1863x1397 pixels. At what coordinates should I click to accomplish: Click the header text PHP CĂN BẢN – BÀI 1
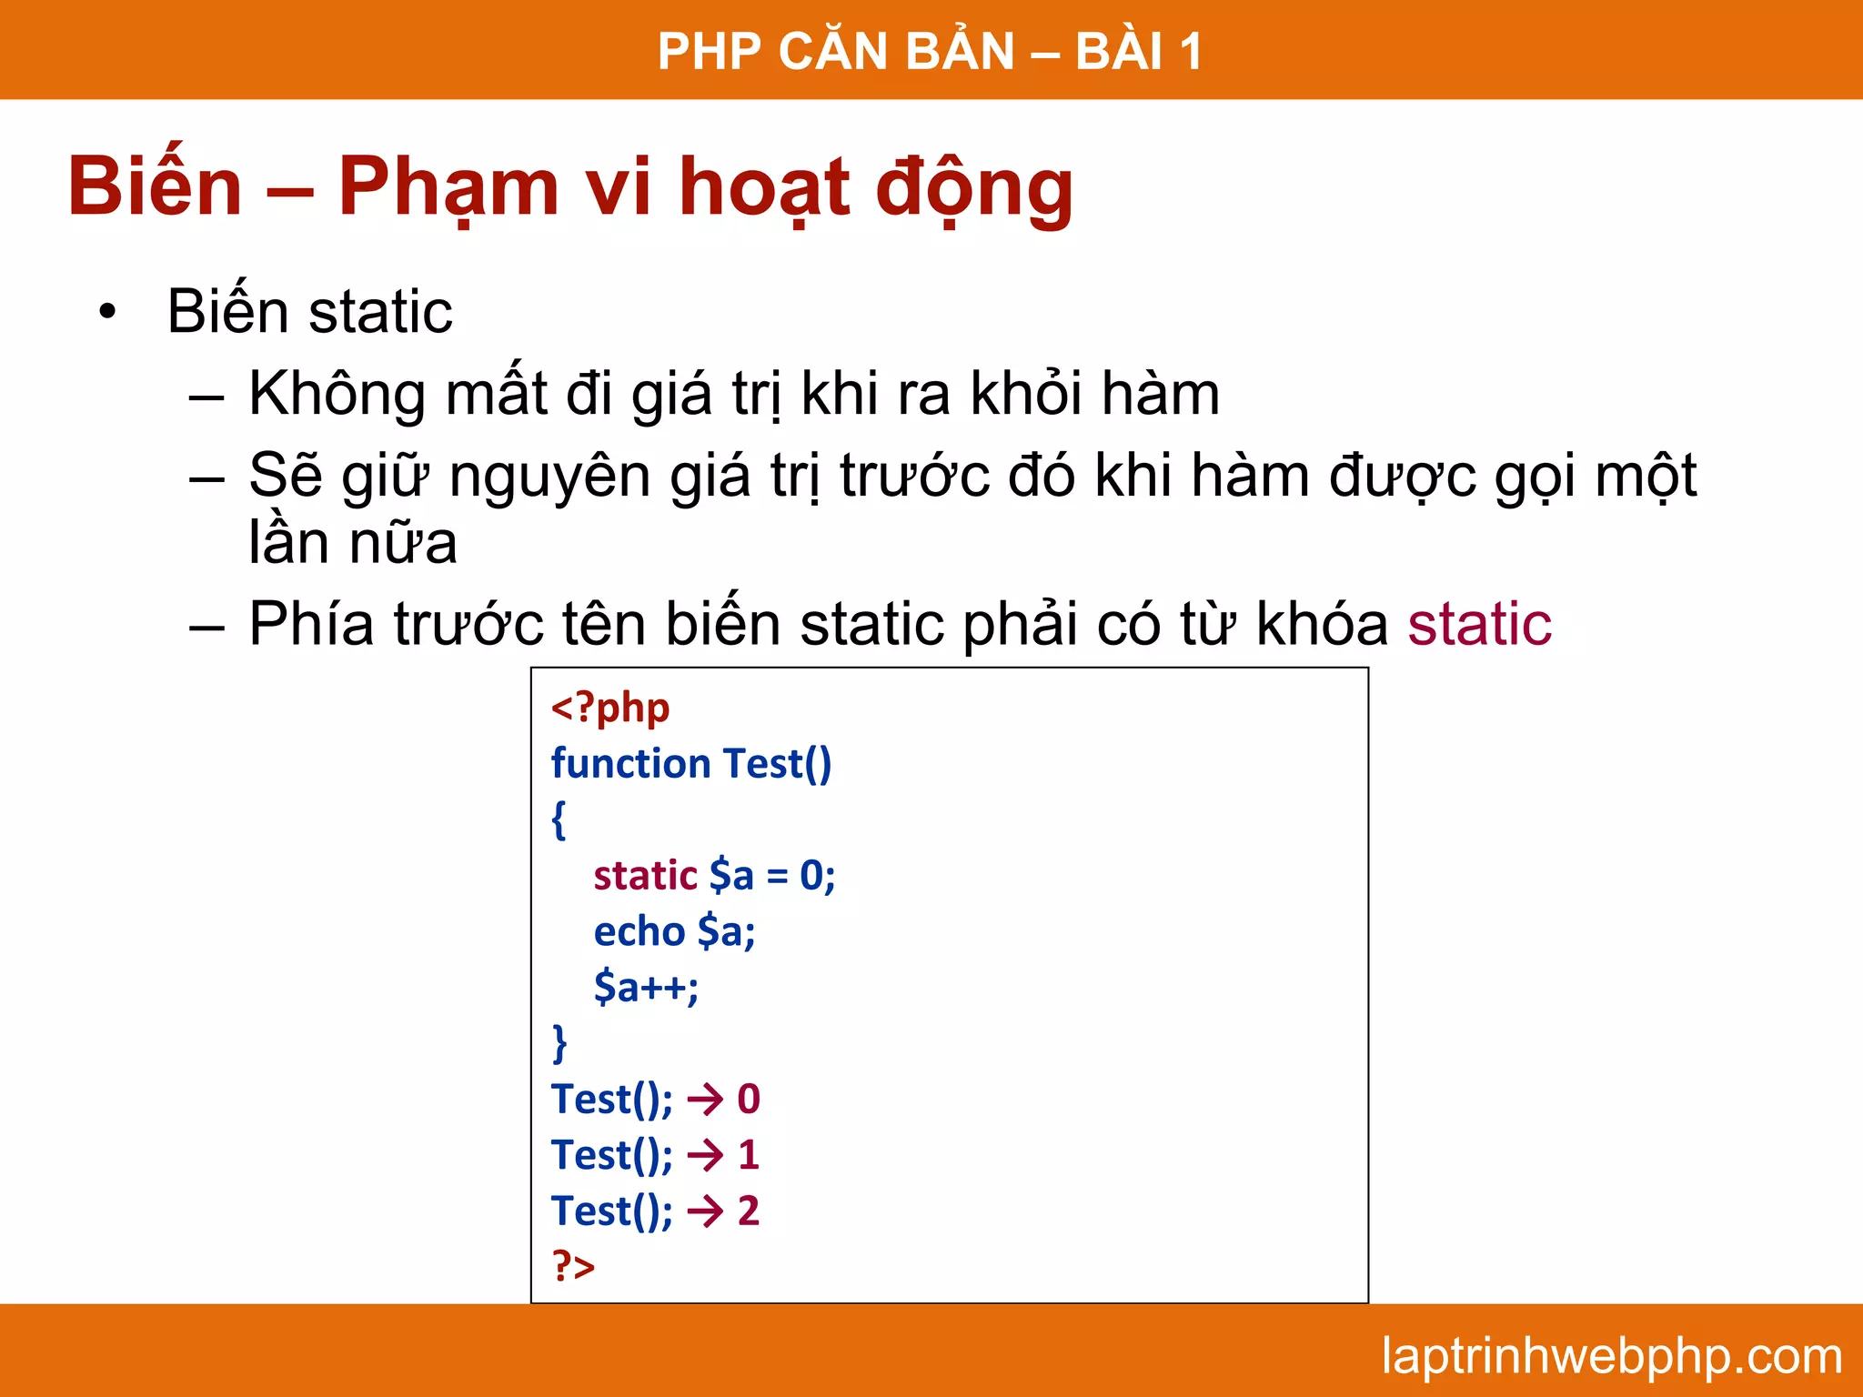tap(930, 51)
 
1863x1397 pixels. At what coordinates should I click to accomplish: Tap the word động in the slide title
tap(974, 188)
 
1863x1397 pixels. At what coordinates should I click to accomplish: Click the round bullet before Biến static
tap(108, 313)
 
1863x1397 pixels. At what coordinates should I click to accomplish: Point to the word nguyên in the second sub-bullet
tap(549, 477)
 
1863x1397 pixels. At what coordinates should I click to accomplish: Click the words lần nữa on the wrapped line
tap(353, 543)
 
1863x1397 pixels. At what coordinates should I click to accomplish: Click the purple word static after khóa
tap(1479, 625)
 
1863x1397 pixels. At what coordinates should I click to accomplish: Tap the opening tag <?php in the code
tap(610, 708)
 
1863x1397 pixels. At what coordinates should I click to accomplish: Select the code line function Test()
tap(691, 763)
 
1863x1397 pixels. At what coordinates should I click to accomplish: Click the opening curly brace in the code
tap(559, 819)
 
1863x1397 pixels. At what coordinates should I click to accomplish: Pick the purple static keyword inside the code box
tap(645, 876)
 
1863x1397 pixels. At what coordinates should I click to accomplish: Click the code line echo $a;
tap(674, 931)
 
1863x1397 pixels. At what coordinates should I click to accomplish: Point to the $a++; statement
tap(646, 987)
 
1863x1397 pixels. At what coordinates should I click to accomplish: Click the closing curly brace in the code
tap(559, 1042)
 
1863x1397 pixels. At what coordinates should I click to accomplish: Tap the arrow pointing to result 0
tap(705, 1100)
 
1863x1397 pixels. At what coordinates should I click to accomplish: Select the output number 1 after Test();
tap(749, 1155)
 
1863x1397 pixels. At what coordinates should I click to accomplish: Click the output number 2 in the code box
tap(749, 1211)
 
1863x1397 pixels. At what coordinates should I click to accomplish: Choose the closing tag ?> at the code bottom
tap(573, 1266)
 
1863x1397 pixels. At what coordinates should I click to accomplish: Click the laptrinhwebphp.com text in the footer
tap(1611, 1356)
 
